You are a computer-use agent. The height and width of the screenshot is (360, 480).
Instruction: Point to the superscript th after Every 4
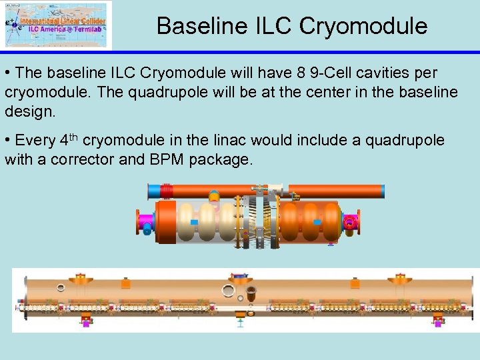click(x=74, y=137)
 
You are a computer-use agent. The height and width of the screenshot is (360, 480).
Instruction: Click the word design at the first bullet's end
click(x=29, y=111)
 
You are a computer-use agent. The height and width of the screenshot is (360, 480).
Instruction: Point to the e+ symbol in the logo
click(x=9, y=21)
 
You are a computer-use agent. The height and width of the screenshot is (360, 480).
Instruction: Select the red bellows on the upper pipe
click(x=167, y=190)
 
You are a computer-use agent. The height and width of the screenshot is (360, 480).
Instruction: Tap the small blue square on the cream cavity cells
click(x=194, y=222)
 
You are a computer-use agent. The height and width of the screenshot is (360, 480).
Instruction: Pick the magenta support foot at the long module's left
click(x=85, y=322)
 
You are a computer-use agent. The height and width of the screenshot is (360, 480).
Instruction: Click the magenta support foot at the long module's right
click(x=438, y=322)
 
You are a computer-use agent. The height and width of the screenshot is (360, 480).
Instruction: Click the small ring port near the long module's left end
click(x=61, y=288)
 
